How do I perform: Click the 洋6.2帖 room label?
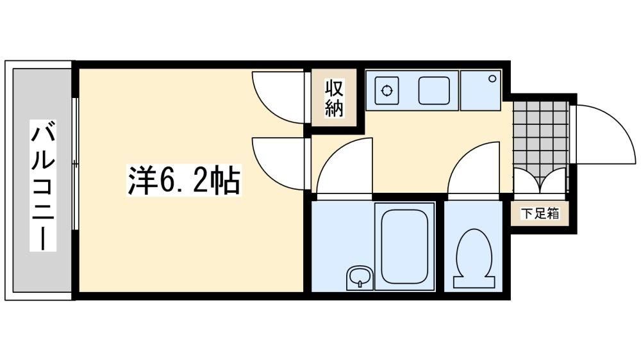(x=184, y=181)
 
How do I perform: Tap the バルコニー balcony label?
(x=43, y=185)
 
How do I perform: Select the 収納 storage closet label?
(x=334, y=98)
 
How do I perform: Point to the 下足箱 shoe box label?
(x=540, y=213)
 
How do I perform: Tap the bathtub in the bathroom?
(x=404, y=247)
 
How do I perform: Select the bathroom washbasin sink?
(x=360, y=278)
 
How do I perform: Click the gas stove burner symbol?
(x=387, y=90)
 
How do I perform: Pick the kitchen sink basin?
(x=434, y=90)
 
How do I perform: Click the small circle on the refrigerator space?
(x=492, y=78)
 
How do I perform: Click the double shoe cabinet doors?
(x=540, y=181)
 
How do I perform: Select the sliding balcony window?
(x=75, y=164)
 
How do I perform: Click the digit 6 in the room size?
(x=167, y=181)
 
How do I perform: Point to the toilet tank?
(x=474, y=282)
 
